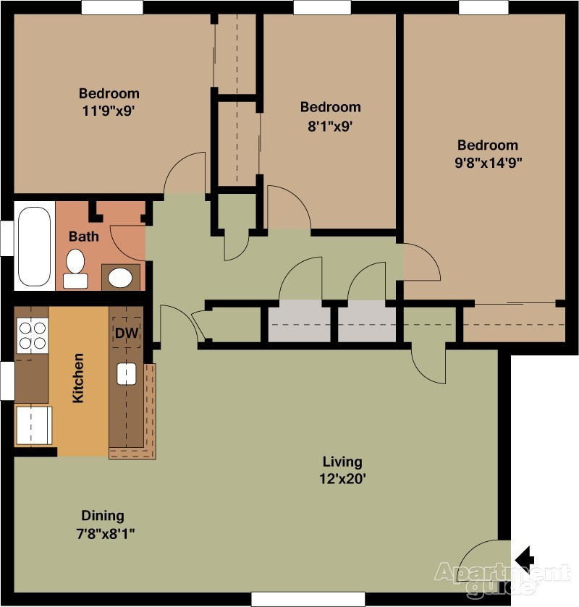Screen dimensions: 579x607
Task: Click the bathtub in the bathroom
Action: point(35,246)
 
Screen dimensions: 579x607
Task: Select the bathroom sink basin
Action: point(120,278)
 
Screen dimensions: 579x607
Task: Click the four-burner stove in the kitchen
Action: point(33,335)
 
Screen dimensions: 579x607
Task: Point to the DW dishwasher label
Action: point(127,333)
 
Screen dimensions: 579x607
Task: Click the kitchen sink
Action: point(127,373)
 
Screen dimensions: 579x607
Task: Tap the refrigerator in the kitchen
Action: point(33,425)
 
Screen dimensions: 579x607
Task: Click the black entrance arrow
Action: point(525,559)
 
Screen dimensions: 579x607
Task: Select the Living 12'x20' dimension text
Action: point(342,470)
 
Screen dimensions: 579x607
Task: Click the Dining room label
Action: point(103,515)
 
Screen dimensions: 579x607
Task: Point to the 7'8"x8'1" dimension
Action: point(105,534)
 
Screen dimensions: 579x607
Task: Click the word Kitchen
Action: point(78,378)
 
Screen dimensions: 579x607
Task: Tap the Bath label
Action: point(84,236)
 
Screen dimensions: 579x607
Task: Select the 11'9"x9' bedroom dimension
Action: point(109,111)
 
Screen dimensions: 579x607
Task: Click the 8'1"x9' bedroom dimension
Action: point(330,126)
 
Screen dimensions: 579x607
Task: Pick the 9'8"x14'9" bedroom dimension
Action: point(488,163)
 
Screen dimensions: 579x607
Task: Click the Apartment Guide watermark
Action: point(503,579)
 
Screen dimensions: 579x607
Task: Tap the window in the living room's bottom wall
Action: point(308,599)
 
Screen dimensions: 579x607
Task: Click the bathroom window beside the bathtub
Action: point(7,238)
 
